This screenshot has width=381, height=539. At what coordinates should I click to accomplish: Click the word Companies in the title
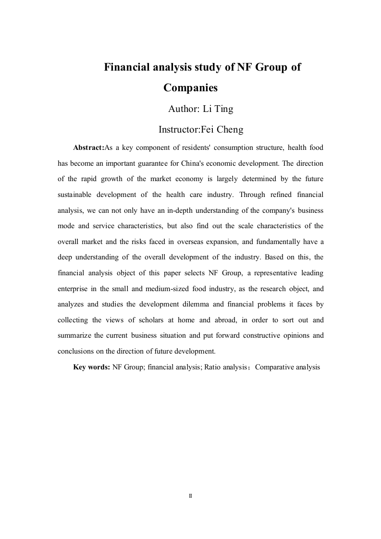tap(191, 88)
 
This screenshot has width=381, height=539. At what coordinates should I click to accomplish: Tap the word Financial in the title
tap(126, 67)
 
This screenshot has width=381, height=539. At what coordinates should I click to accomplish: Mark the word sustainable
tap(75, 195)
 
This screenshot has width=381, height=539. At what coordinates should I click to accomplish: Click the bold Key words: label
tap(91, 367)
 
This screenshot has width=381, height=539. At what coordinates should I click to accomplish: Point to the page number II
tap(190, 495)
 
